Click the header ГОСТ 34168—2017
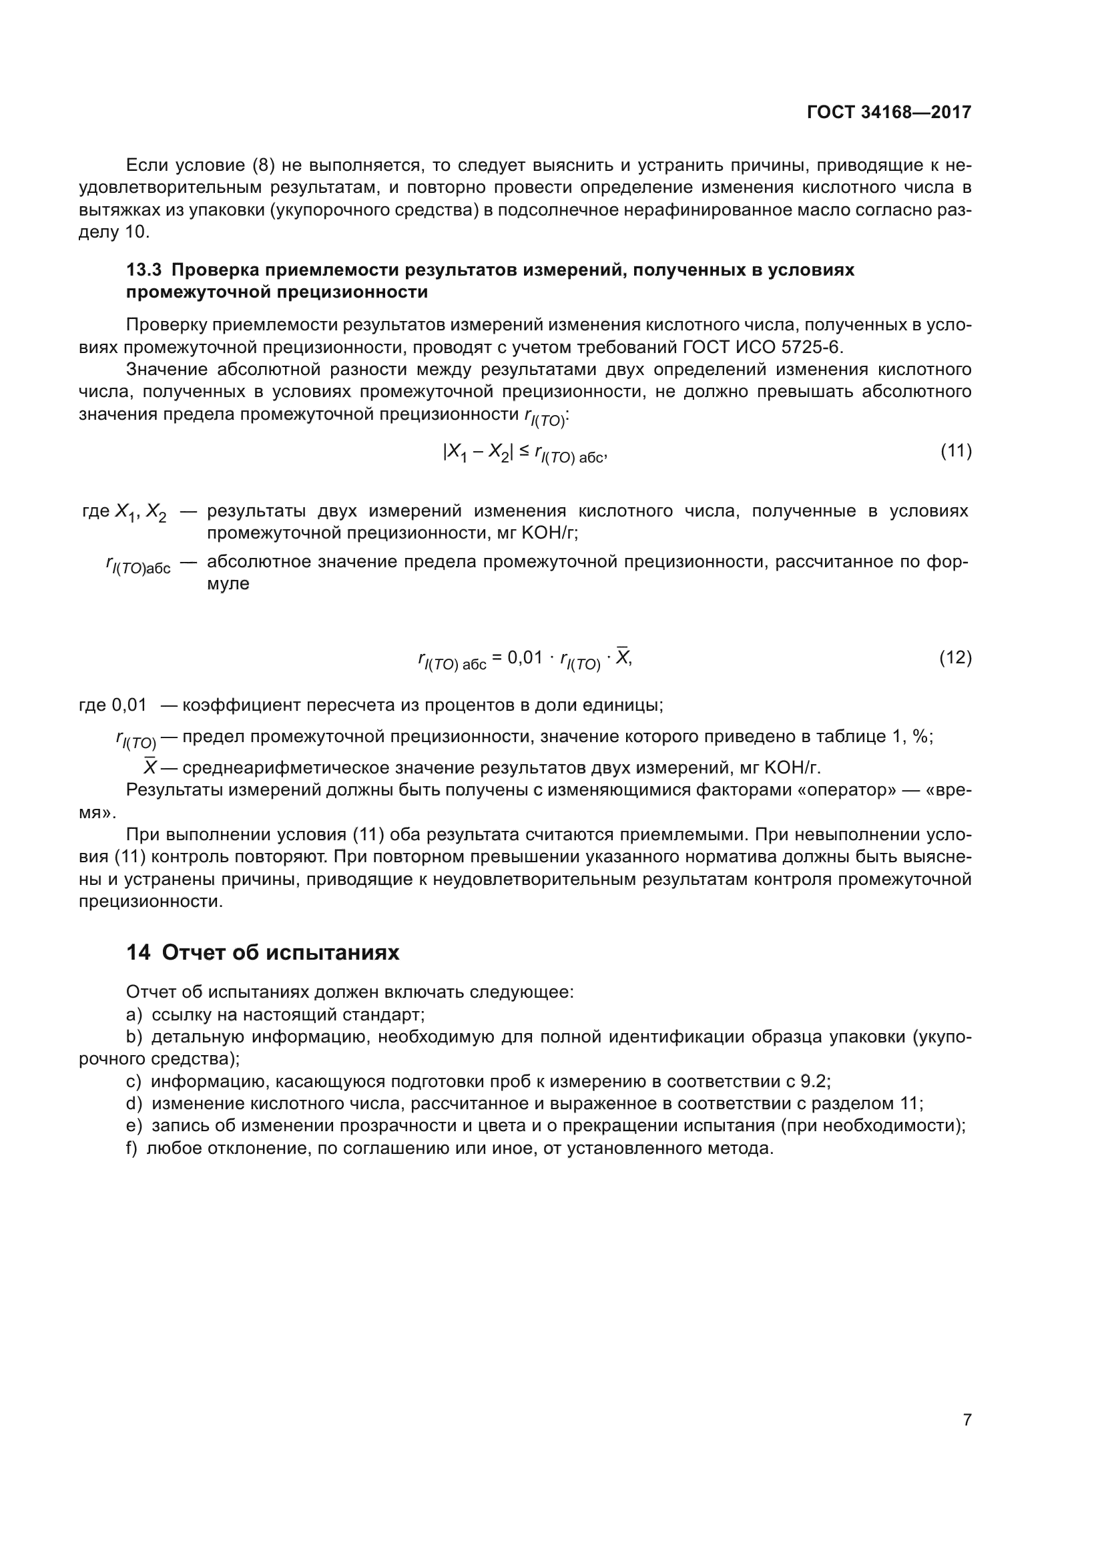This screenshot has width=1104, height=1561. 888,113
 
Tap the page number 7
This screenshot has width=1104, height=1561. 967,1420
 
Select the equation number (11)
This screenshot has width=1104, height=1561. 956,450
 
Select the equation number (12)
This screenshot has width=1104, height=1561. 955,657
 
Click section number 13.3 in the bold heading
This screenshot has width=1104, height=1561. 144,270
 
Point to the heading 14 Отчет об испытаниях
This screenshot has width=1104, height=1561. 262,952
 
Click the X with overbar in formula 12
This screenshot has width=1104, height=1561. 623,657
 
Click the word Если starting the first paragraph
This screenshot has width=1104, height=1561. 147,166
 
